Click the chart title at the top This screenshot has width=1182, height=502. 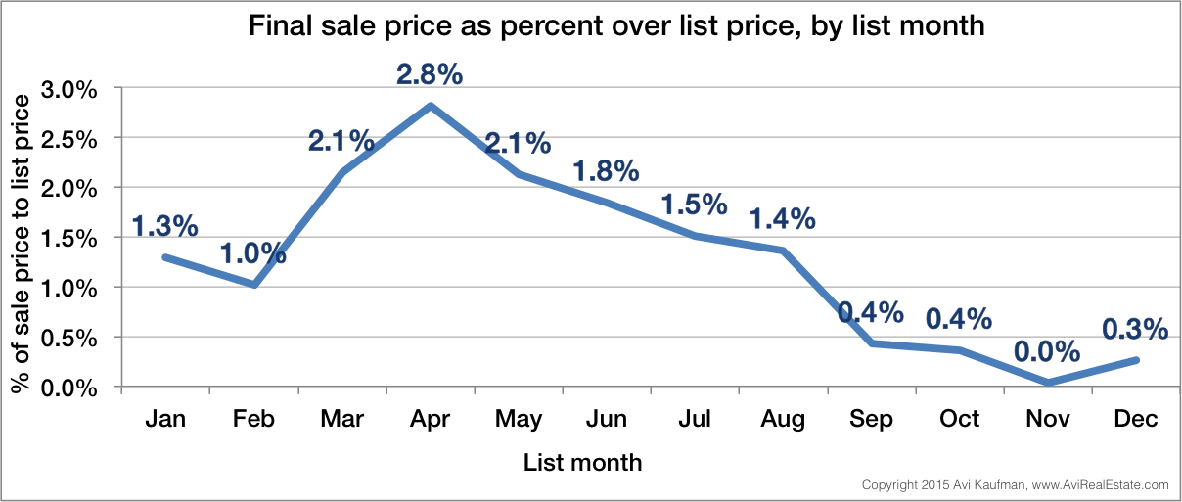[x=615, y=26]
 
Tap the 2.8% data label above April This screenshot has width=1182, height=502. [x=429, y=75]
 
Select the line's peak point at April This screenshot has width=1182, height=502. [x=431, y=106]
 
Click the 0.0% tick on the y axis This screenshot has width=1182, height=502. [x=71, y=388]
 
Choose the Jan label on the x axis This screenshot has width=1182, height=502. [x=165, y=419]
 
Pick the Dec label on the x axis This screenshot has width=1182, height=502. [x=1136, y=419]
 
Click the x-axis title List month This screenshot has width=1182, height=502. [x=583, y=461]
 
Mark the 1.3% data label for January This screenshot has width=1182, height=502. [x=164, y=225]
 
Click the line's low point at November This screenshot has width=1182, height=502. [x=1048, y=383]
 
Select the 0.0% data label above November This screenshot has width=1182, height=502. [x=1047, y=351]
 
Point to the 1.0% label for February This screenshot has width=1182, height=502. [x=252, y=252]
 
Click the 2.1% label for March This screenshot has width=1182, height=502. [x=341, y=141]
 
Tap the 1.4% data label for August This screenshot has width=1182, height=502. [x=782, y=218]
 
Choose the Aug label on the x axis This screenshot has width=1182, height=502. [x=783, y=419]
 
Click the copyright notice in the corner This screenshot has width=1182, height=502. [x=1015, y=485]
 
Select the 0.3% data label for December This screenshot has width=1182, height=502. [x=1135, y=329]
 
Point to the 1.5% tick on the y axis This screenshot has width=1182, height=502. [x=71, y=238]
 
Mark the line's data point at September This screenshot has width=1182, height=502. [x=871, y=343]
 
